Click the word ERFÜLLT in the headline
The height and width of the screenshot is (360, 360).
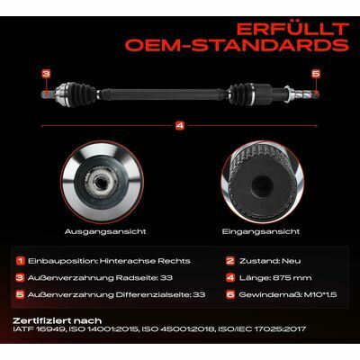coord(292,29)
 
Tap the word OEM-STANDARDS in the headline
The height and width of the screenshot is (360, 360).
coord(237,45)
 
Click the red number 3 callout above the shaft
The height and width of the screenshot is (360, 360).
coord(46,74)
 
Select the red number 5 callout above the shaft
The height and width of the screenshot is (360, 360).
coord(316,74)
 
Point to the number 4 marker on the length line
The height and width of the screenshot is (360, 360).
coord(180,126)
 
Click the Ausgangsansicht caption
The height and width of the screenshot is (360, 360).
coord(105,231)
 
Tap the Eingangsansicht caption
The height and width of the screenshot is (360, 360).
coord(261,231)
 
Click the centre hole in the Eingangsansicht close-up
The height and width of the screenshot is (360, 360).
coord(261,183)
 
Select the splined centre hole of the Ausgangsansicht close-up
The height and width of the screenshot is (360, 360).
coord(99,181)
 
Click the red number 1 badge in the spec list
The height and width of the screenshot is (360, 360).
coord(21,261)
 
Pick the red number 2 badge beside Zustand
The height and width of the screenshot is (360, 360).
coord(230,261)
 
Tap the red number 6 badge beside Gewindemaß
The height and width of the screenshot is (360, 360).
coord(230,294)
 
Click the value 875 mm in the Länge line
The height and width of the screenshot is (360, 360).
coord(292,278)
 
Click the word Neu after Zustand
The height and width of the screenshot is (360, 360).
coord(291,261)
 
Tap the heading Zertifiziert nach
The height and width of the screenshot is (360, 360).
coord(58,321)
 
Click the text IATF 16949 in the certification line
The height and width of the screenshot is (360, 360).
coord(40,329)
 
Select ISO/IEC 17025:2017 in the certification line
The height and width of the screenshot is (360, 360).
coord(262,329)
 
